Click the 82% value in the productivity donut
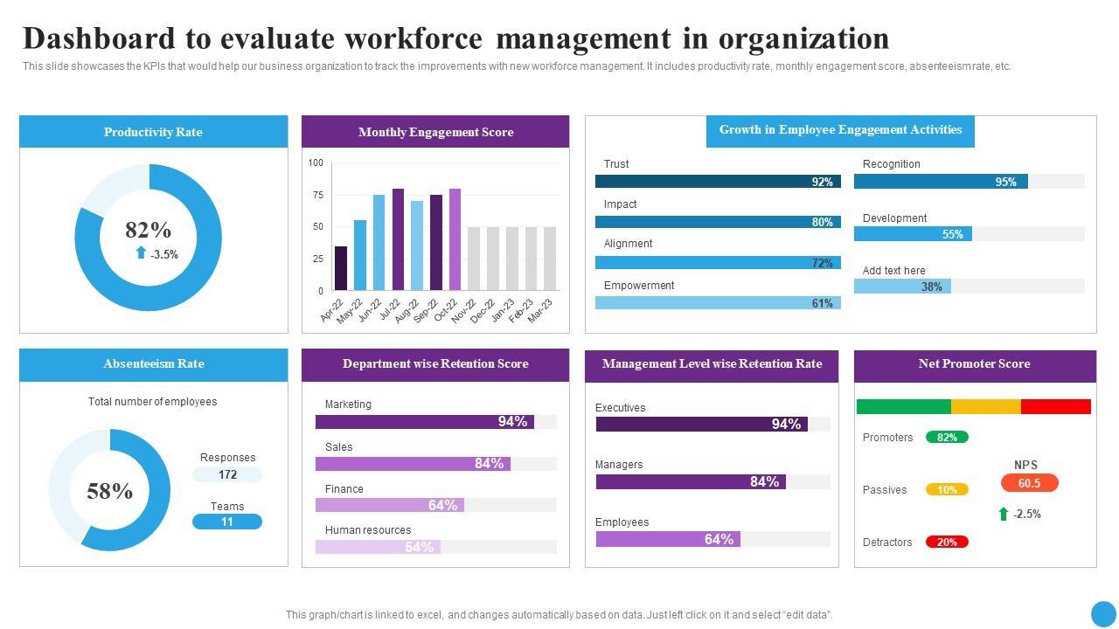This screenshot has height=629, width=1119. (148, 230)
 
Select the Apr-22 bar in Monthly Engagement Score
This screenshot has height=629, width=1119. (341, 268)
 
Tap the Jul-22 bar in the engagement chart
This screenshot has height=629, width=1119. (399, 238)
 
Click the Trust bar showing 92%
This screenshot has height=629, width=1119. (718, 182)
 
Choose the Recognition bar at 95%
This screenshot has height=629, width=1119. (941, 182)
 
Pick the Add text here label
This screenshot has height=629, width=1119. (893, 271)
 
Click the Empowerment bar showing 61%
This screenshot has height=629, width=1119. (718, 303)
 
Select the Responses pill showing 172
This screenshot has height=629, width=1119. (227, 474)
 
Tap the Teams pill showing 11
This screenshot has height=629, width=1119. (227, 522)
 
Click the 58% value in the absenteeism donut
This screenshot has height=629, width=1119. (110, 491)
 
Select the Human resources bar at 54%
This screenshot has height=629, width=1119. (378, 547)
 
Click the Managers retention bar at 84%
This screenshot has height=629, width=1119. (691, 481)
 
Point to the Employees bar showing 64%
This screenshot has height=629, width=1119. (668, 539)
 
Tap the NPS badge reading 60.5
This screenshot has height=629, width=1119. (1029, 483)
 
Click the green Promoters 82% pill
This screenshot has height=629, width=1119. (947, 437)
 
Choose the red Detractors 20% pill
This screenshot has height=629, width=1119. (947, 542)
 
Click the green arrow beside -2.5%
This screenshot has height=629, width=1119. (1004, 514)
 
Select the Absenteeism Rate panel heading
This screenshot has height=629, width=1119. (154, 363)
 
